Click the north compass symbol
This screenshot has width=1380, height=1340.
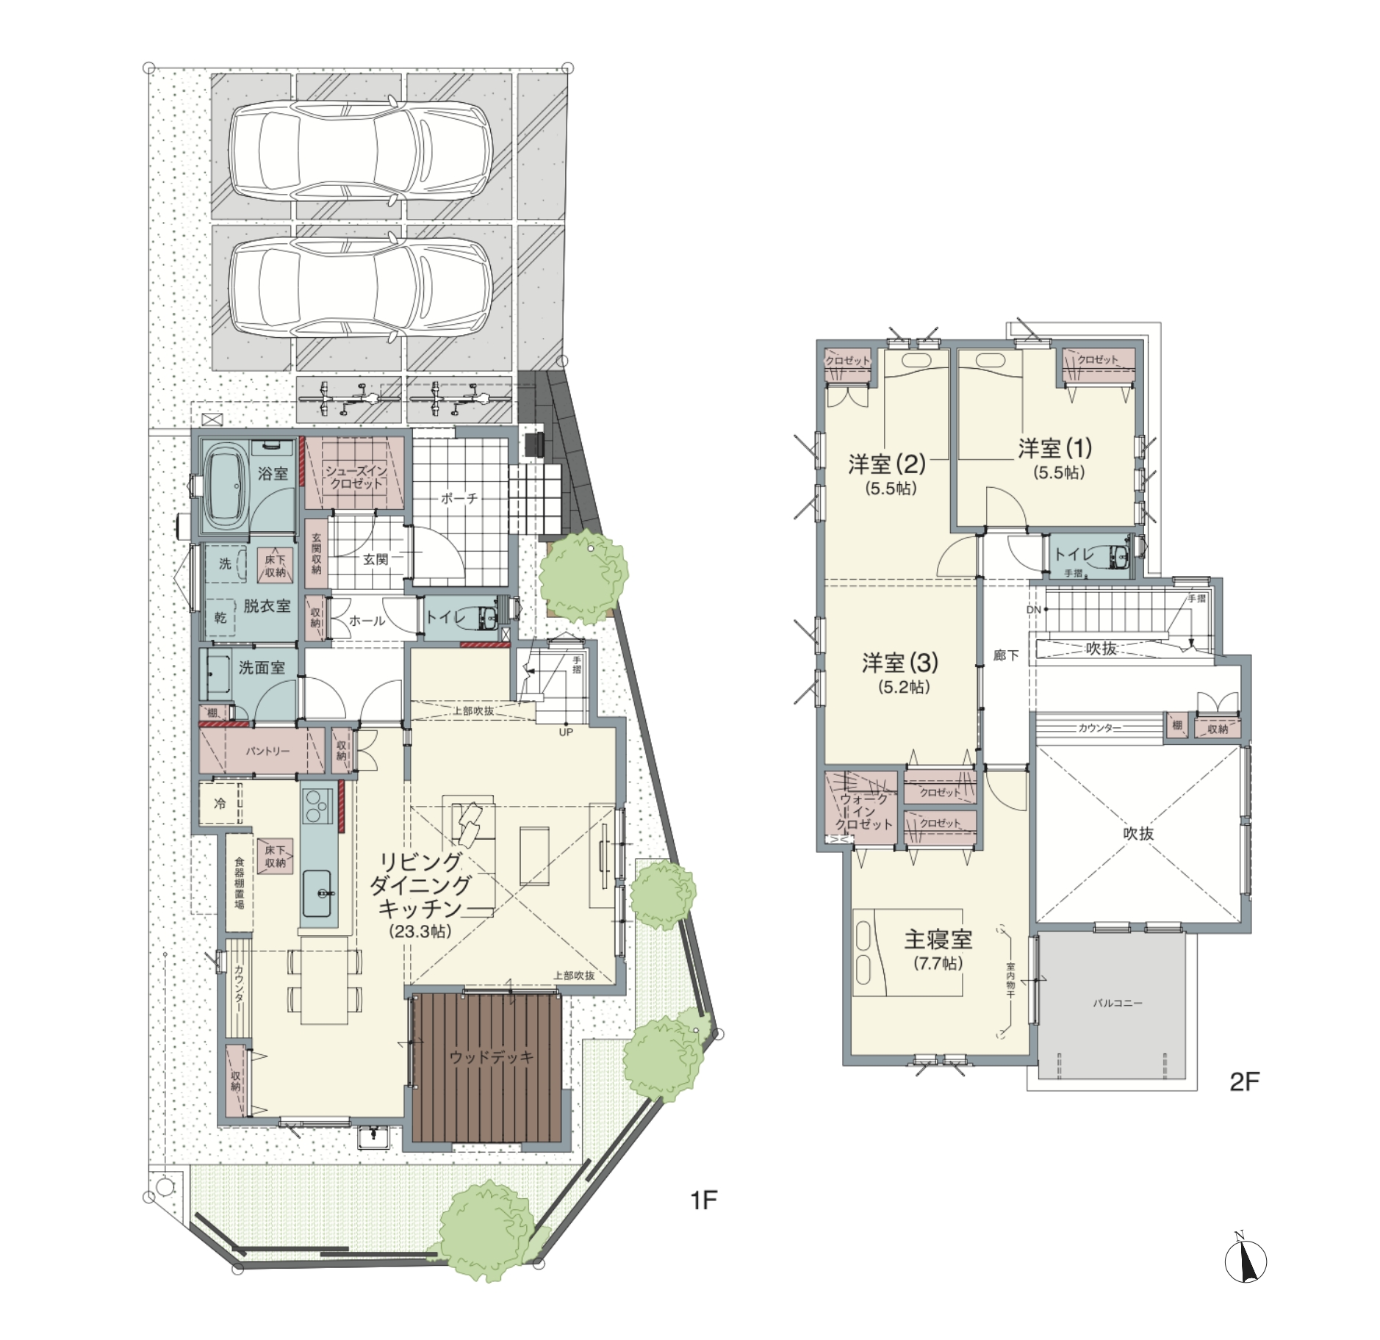click(1246, 1259)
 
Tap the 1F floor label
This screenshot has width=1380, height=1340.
click(703, 1200)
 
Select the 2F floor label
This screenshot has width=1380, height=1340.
click(1245, 1082)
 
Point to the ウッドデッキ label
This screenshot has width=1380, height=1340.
click(491, 1057)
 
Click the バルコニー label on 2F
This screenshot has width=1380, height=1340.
click(1117, 1003)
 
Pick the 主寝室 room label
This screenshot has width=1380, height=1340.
click(938, 940)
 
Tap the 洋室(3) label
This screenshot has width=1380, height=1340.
click(900, 663)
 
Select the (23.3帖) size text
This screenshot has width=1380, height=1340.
click(420, 932)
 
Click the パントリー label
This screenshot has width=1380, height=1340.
click(267, 751)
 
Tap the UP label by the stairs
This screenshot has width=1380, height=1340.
click(566, 732)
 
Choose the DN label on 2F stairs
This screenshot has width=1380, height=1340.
click(1034, 610)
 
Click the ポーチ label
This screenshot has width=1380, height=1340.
click(459, 498)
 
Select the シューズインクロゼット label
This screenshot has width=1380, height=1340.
click(356, 478)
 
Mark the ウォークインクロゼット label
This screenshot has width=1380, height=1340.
click(864, 811)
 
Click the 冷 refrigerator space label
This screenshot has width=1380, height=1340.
click(220, 804)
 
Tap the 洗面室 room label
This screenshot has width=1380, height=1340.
click(262, 668)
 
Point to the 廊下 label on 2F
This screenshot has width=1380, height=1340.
click(1006, 655)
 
